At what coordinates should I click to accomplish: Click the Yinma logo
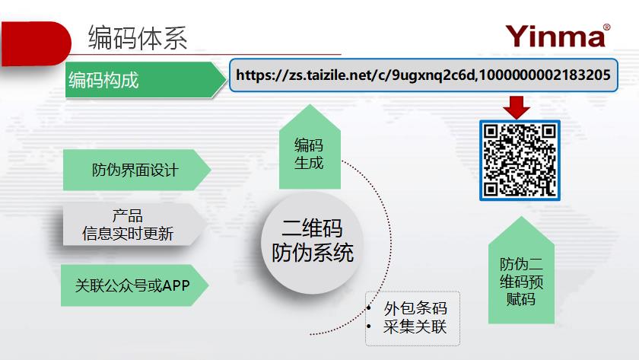(x=558, y=36)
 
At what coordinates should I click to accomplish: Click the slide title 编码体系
(x=138, y=38)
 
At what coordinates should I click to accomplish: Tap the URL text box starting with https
(x=424, y=75)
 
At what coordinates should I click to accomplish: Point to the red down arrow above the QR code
(x=517, y=107)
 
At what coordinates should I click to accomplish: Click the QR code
(x=520, y=161)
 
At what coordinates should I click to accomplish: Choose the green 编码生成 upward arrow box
(x=310, y=147)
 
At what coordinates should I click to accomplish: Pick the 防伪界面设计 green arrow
(x=137, y=170)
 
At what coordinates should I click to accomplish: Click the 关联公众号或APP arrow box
(x=135, y=285)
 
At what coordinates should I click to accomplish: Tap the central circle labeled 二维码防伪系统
(x=312, y=243)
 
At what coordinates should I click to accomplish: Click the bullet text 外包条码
(x=415, y=308)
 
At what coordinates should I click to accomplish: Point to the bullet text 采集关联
(x=415, y=327)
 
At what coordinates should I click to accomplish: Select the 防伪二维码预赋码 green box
(x=521, y=270)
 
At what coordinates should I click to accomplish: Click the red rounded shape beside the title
(x=36, y=43)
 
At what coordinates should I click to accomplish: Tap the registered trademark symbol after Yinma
(x=606, y=27)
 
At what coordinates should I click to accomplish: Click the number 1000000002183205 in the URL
(x=545, y=75)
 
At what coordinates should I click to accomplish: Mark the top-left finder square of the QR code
(x=491, y=131)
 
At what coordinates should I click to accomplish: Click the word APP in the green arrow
(x=176, y=285)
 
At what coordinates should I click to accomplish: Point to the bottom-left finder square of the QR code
(x=491, y=190)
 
